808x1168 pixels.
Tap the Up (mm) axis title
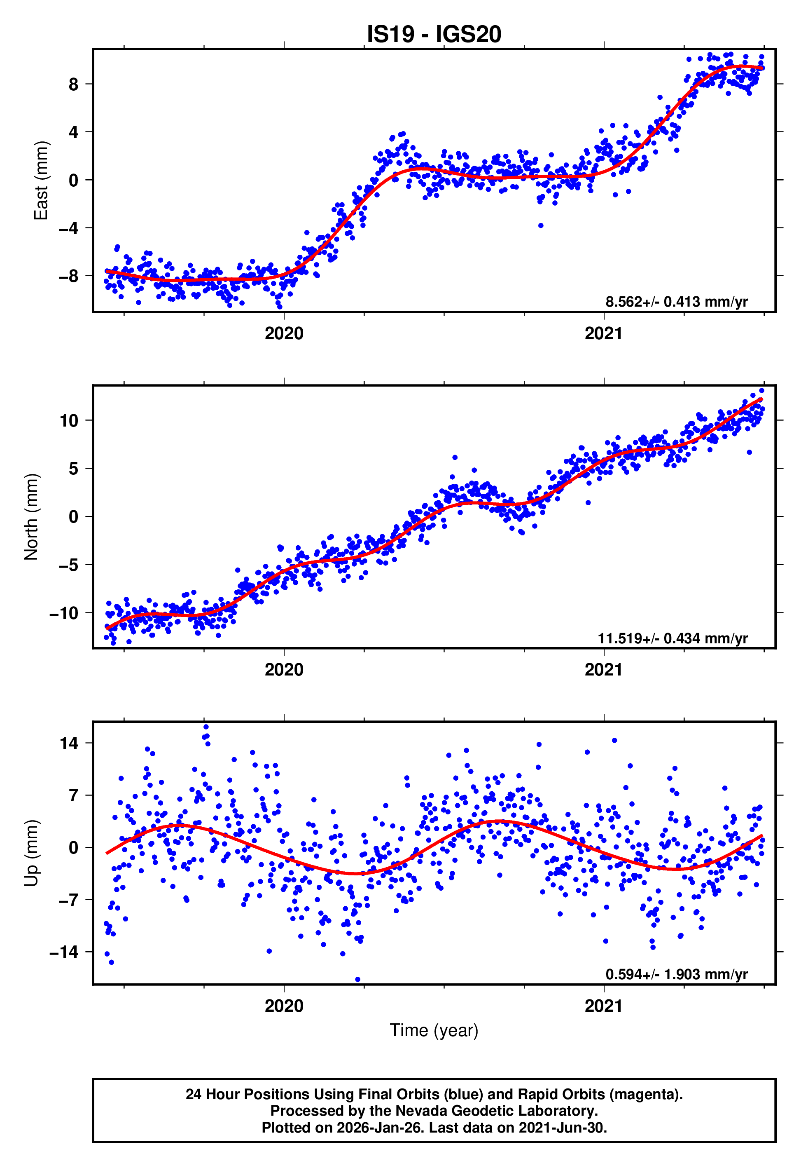[31, 852]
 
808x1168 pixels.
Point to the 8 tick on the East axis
[74, 84]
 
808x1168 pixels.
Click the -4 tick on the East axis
[69, 228]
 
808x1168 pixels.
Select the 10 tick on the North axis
[69, 420]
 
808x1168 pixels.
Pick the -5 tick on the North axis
[69, 565]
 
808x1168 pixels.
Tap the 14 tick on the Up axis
[69, 743]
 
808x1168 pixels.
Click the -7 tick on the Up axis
[69, 900]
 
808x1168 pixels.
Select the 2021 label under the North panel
[603, 670]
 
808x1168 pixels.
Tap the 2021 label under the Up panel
[603, 1006]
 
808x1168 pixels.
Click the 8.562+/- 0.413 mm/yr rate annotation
[676, 302]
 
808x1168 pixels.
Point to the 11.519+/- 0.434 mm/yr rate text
[673, 638]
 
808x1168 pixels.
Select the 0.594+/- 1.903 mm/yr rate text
[676, 975]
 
